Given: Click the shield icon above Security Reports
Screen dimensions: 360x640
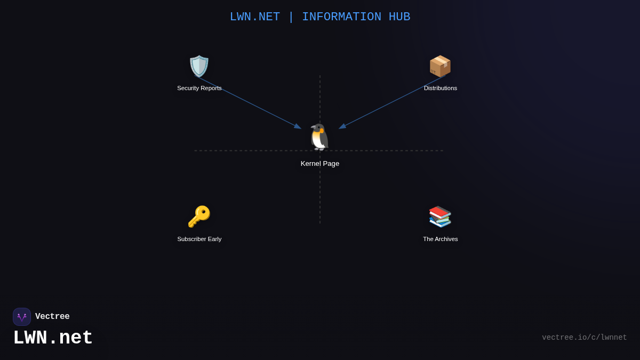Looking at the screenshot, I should point(199,66).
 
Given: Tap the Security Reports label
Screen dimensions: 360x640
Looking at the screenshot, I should point(199,88).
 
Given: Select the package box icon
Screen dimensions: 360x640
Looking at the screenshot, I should point(440,66).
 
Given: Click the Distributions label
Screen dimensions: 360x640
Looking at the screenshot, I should point(441,88).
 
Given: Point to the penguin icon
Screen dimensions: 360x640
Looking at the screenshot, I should point(319,137).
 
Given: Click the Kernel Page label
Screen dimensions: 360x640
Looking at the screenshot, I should point(320,164).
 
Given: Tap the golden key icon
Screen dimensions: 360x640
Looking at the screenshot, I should point(199,217).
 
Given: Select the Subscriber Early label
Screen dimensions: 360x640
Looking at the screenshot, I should point(199,239).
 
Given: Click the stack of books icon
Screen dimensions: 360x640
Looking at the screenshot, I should point(440,217).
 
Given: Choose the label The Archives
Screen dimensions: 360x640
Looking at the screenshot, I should point(441,239).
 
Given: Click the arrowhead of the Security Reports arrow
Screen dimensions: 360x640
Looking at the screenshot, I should point(298,126).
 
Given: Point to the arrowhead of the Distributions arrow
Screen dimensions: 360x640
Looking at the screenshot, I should point(342,126).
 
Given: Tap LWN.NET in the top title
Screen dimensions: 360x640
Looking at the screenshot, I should point(255,17).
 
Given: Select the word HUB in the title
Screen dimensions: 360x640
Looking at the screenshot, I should point(399,17).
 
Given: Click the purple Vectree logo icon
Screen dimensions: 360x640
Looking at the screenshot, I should point(22,317).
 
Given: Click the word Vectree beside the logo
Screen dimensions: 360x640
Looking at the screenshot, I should point(52,317).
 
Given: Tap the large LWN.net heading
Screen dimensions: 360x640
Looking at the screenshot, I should point(53,338).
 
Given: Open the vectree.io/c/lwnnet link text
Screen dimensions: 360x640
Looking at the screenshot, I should point(585,338).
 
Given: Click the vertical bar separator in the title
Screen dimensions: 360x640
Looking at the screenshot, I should point(291,17).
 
